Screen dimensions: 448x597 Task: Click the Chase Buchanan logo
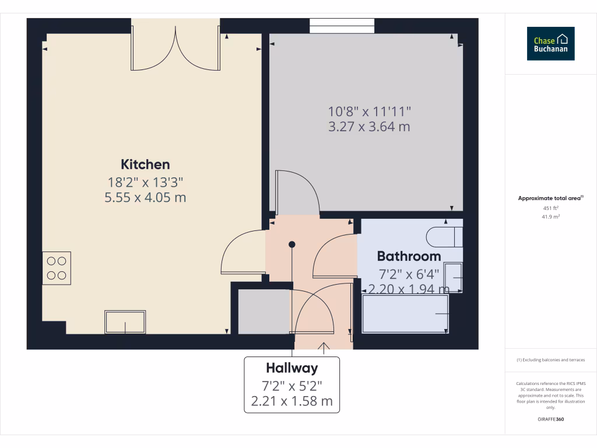click(550, 44)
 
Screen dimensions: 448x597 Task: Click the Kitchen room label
click(145, 164)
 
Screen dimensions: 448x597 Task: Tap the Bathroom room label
click(409, 256)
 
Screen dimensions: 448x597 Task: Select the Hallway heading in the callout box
click(292, 368)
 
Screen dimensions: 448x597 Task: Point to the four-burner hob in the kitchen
click(57, 268)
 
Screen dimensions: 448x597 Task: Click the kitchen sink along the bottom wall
click(125, 322)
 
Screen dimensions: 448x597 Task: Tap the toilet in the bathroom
click(444, 237)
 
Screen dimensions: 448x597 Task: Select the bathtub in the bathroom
click(406, 314)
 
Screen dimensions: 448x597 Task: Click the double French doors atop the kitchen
click(175, 45)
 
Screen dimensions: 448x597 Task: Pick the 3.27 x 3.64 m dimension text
click(369, 127)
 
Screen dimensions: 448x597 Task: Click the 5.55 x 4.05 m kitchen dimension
click(145, 198)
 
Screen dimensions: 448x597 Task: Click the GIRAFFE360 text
click(551, 419)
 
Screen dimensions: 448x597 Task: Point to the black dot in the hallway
click(292, 244)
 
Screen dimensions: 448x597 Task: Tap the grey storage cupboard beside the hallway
click(264, 311)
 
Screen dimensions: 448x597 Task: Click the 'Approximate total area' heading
click(550, 198)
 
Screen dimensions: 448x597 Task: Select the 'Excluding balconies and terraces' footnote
click(551, 360)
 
